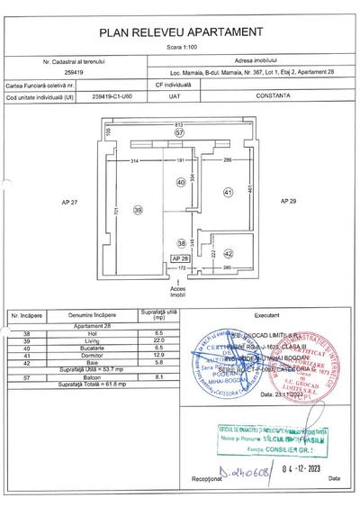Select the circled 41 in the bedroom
pyautogui.click(x=228, y=192)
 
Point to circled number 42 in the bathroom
pyautogui.click(x=228, y=254)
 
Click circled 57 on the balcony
pyautogui.click(x=179, y=131)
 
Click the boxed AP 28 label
pyautogui.click(x=179, y=258)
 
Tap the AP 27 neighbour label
pyautogui.click(x=68, y=202)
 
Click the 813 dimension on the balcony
pyautogui.click(x=179, y=122)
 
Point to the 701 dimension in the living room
pyautogui.click(x=115, y=211)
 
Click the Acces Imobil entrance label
pyautogui.click(x=178, y=291)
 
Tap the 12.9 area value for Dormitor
pyautogui.click(x=159, y=353)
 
